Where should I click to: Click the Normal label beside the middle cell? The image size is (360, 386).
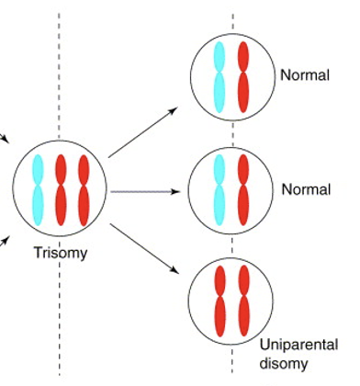pos(306,190)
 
